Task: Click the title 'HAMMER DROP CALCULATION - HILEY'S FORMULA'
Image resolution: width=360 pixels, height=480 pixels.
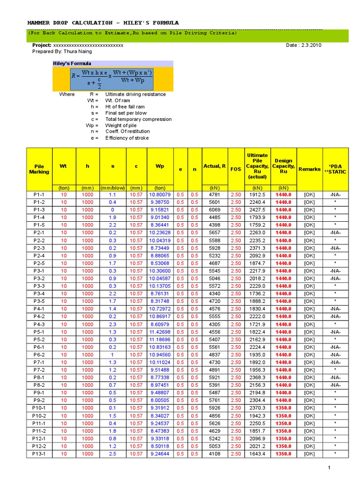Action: point(103,23)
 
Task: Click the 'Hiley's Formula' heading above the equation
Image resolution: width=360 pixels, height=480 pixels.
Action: point(72,63)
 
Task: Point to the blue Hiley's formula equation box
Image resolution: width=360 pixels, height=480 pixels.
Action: point(112,78)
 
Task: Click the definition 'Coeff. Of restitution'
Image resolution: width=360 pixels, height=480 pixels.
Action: point(127,132)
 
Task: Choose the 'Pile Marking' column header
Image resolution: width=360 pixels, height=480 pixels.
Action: point(39,169)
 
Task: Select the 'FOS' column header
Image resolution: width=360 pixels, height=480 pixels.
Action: point(236,169)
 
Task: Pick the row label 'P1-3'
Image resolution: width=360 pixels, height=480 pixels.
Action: point(39,210)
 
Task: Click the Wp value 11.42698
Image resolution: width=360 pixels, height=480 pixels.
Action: point(160,332)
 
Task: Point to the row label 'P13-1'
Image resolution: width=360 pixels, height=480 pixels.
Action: point(39,454)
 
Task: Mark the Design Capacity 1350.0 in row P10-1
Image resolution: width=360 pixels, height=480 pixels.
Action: point(283,408)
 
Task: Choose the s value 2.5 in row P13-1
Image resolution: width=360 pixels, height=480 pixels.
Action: point(112,454)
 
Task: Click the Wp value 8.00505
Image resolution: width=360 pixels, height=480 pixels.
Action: point(160,400)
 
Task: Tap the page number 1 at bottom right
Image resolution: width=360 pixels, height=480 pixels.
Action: point(329,468)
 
